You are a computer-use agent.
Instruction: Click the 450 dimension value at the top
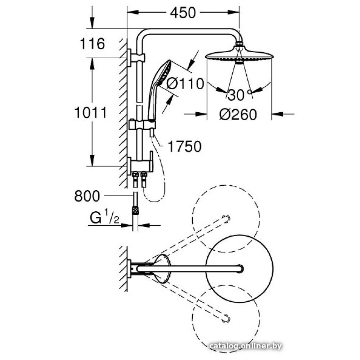click(183, 13)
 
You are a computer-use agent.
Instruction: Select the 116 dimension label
click(92, 44)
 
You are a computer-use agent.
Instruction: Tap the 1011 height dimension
click(90, 113)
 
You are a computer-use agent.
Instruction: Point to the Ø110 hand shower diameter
click(186, 84)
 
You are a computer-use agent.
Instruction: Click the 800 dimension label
click(87, 196)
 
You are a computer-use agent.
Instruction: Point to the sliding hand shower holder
click(142, 125)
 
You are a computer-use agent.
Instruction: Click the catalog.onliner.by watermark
click(245, 346)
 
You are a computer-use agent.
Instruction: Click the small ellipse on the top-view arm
click(161, 268)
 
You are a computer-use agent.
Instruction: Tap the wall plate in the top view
click(129, 269)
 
